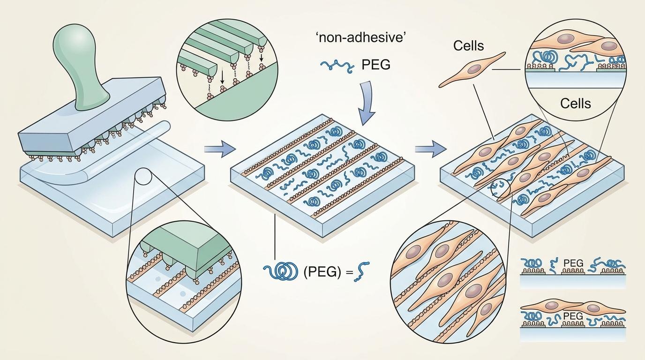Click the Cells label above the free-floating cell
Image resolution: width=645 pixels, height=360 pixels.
pos(469,45)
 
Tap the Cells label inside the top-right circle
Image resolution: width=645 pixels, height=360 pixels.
pos(575,103)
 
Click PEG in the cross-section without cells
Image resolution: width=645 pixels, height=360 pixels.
pos(573,264)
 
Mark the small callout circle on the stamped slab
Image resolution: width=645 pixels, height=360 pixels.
pos(143,178)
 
